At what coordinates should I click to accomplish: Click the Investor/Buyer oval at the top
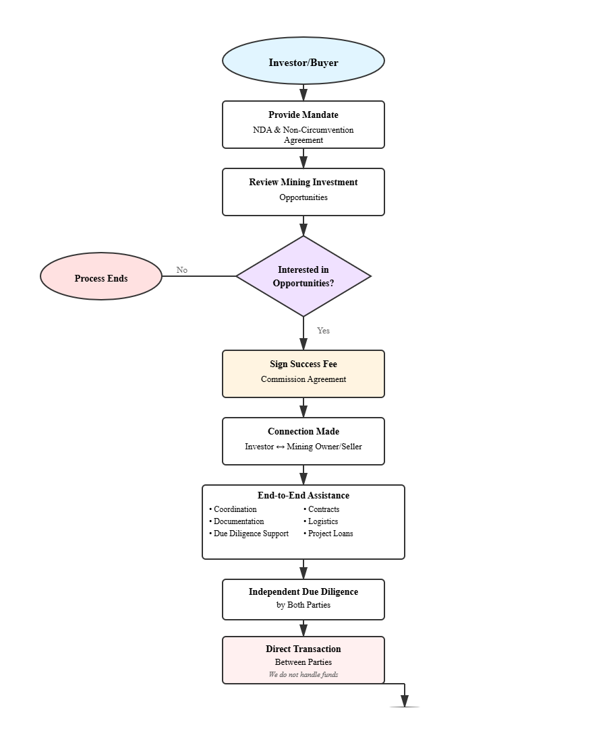[x=303, y=62]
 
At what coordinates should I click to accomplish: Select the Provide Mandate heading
[x=303, y=115]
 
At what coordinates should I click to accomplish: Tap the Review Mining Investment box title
[x=303, y=183]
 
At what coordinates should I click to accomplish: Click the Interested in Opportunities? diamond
[x=303, y=276]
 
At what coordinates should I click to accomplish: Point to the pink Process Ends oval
[x=101, y=277]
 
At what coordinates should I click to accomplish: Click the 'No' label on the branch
[x=182, y=270]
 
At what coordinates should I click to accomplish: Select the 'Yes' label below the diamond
[x=324, y=331]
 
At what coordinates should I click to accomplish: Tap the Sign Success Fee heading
[x=303, y=364]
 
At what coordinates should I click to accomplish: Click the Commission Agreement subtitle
[x=303, y=379]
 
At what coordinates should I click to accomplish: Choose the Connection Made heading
[x=303, y=432]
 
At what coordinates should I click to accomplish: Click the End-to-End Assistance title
[x=303, y=496]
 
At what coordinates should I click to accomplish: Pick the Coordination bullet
[x=235, y=509]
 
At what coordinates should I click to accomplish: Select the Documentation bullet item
[x=238, y=521]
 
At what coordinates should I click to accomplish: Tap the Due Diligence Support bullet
[x=250, y=534]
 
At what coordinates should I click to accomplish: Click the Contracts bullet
[x=323, y=509]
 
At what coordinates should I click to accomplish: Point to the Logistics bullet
[x=322, y=521]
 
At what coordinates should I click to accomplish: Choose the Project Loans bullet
[x=330, y=534]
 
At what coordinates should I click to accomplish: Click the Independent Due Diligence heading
[x=303, y=592]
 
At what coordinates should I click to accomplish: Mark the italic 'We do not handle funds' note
[x=303, y=674]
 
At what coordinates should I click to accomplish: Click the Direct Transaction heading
[x=303, y=649]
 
